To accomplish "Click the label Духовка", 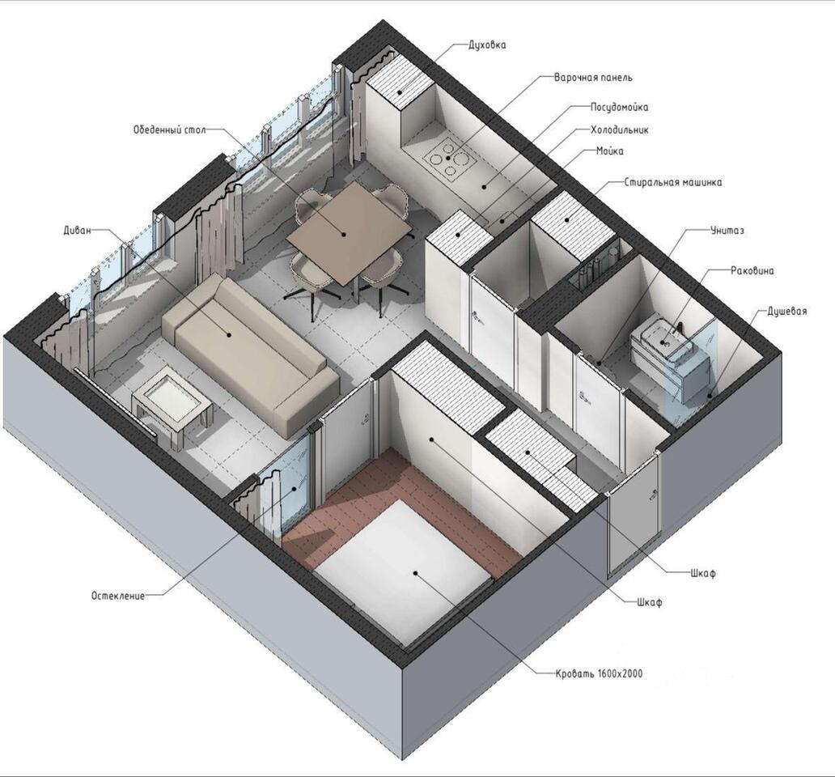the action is [487, 45].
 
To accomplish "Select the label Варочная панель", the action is [593, 77].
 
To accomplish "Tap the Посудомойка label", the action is [619, 107].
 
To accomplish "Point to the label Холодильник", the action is [620, 129].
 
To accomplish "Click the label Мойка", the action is [610, 151].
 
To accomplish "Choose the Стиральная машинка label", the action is [673, 182].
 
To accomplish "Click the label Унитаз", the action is [727, 231].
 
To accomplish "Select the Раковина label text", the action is [752, 270].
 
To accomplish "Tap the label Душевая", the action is [786, 311].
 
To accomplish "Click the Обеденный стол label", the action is [169, 129].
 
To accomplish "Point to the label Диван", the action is [77, 230].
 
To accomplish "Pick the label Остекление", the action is [117, 596].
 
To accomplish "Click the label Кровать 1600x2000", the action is [599, 673].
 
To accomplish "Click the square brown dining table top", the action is [349, 232].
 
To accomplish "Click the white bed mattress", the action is [401, 572].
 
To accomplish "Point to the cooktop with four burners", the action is [448, 156].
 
